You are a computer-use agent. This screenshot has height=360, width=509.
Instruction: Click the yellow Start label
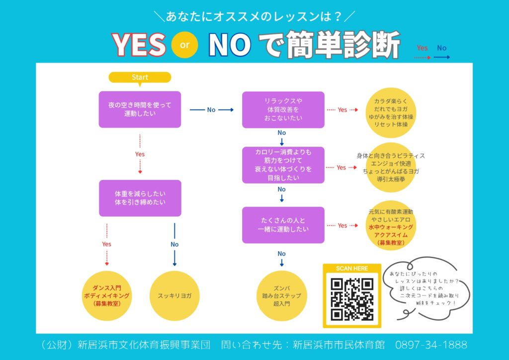pos(140,77)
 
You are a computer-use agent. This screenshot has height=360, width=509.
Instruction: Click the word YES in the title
pos(139,45)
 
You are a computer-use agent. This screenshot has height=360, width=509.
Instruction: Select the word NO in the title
pos(229,45)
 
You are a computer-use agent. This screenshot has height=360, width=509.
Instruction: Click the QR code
pos(352,299)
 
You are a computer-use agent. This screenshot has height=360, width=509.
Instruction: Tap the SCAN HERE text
pos(352,269)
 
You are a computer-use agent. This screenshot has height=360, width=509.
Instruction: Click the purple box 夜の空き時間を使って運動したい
pos(140,109)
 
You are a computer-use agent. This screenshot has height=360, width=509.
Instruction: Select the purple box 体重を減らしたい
pos(140,198)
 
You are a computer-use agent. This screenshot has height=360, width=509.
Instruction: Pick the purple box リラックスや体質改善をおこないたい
pos(283,109)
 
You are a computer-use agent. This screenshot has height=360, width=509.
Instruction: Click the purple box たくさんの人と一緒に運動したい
pos(283,225)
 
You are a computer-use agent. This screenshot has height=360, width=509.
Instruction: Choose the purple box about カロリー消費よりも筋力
pos(283,165)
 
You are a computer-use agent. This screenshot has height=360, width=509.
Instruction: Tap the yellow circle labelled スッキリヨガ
pos(174,296)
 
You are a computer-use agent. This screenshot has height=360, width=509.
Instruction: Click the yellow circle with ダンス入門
pos(107,296)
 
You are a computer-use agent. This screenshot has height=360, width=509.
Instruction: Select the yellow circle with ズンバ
pos(281,296)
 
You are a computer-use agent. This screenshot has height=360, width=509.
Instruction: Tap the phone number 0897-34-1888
pos(431,344)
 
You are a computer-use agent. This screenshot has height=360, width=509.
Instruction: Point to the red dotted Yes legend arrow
pos(422,57)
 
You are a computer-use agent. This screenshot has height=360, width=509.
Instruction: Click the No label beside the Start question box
pos(211,110)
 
